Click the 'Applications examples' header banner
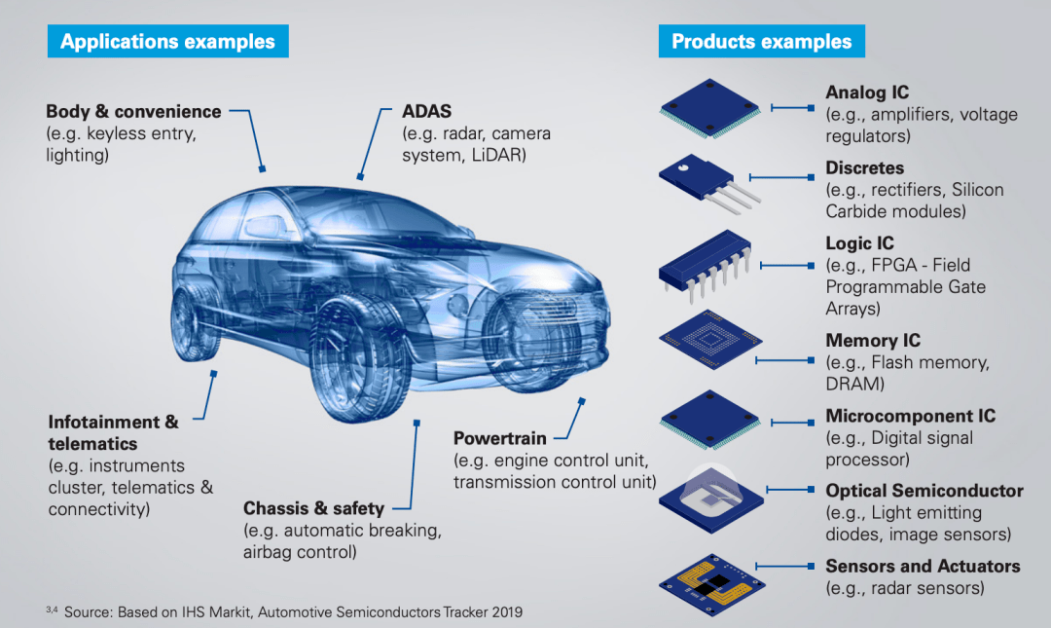[x=167, y=41]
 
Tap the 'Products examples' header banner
[x=762, y=41]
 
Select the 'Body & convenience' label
[x=133, y=112]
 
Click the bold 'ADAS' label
[x=427, y=112]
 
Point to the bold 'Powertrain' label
[x=500, y=438]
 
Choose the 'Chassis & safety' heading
[x=313, y=508]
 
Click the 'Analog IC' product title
[x=867, y=92]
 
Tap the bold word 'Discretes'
[x=864, y=168]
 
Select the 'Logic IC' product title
[x=859, y=243]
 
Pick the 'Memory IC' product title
[x=872, y=341]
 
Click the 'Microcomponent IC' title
[x=910, y=416]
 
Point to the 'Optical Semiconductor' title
[x=924, y=491]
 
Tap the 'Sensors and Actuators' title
[x=923, y=566]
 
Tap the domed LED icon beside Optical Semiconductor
[x=709, y=493]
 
